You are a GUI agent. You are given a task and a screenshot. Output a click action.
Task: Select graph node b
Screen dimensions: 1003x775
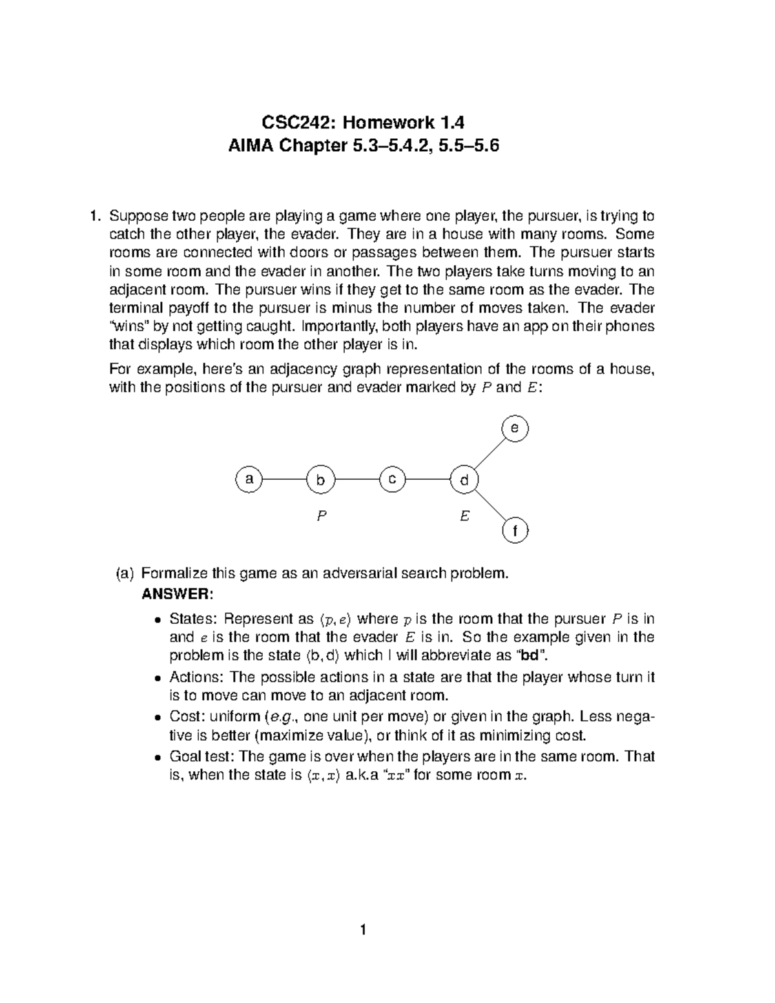pos(320,480)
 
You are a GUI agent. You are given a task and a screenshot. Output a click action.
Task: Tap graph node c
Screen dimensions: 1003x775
pos(392,480)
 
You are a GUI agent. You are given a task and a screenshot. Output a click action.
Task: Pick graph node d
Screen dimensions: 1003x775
pos(464,480)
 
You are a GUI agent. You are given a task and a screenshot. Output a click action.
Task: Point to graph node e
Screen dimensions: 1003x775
pos(515,429)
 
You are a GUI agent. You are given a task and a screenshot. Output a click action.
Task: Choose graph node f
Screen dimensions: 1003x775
pos(515,531)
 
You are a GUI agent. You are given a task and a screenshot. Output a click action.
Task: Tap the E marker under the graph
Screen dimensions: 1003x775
pos(464,517)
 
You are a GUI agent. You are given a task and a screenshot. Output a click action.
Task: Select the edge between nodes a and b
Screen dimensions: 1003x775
pos(284,480)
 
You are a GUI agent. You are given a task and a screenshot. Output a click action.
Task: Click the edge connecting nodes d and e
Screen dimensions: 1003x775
pos(489,455)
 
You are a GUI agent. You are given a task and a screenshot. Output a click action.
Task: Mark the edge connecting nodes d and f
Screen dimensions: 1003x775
pos(489,506)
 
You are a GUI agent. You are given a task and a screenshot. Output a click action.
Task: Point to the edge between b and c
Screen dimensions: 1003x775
pos(356,480)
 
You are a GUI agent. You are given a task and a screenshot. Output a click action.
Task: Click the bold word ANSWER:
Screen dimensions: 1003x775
pos(176,594)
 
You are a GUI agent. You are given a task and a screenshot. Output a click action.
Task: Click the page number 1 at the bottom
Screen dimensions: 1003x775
pos(364,930)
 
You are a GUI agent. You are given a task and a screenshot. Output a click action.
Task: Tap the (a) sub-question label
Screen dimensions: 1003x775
pos(124,574)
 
